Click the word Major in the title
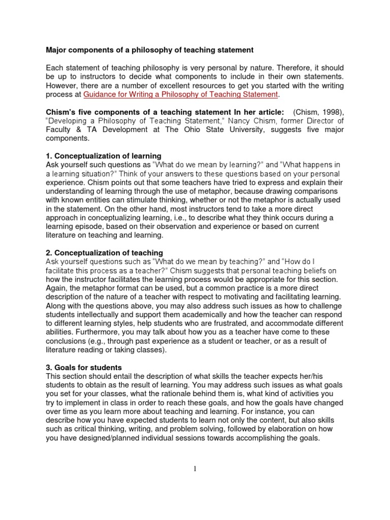57,50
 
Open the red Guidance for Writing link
180,95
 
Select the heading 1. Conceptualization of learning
104,155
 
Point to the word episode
88,227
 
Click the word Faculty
58,129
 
